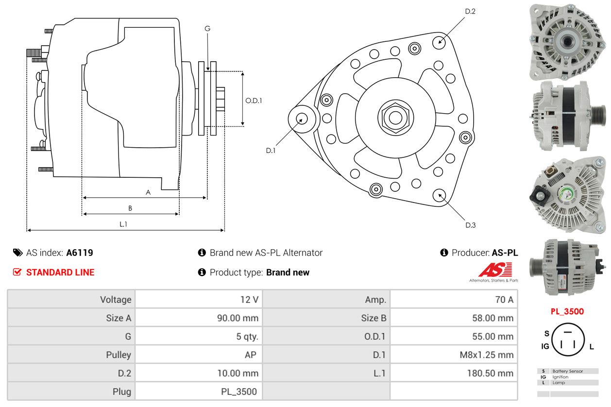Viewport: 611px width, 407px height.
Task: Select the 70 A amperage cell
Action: [504, 300]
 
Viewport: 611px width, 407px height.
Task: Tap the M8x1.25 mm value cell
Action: [486, 355]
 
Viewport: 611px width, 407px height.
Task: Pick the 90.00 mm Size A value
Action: [238, 318]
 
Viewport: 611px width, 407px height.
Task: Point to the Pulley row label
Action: [119, 355]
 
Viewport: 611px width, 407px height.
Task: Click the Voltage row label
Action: [116, 300]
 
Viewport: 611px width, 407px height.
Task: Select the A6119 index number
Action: [80, 253]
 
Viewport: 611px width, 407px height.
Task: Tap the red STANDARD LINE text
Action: [60, 272]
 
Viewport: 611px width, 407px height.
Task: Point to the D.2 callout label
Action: [470, 11]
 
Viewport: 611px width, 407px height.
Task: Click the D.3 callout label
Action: [470, 225]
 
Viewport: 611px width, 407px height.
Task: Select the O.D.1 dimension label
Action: [254, 101]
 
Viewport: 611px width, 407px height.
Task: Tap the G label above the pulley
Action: [207, 29]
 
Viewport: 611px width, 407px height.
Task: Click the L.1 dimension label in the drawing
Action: [123, 224]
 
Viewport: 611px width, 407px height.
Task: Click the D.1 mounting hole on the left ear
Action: [302, 119]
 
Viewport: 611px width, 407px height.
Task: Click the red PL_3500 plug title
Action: [567, 312]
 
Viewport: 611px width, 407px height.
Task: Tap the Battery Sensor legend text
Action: [567, 371]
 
